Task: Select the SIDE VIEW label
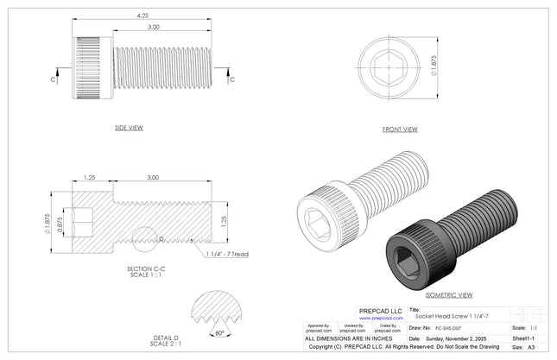click(x=129, y=128)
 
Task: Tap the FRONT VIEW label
click(x=400, y=129)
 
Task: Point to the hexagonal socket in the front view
click(x=390, y=64)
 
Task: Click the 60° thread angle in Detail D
click(x=220, y=332)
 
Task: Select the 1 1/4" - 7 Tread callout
click(x=227, y=255)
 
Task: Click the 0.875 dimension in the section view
click(x=60, y=223)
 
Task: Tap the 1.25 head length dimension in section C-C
click(x=89, y=177)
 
